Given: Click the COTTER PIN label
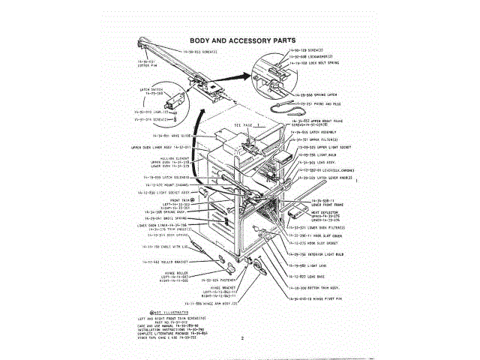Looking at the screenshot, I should click(x=145, y=64).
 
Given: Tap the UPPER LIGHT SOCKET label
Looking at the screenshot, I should click(x=325, y=148).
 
